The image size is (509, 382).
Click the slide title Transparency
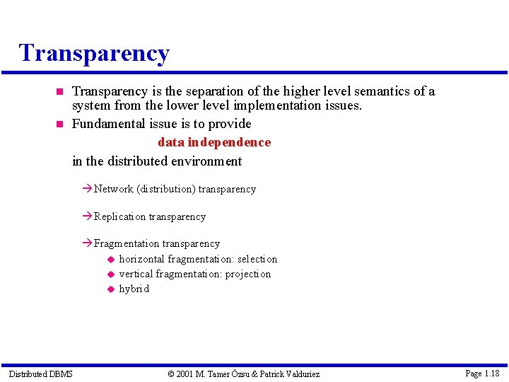[94, 53]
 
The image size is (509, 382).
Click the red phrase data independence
[214, 142]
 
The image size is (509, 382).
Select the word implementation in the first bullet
[276, 106]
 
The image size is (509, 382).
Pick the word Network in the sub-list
[113, 189]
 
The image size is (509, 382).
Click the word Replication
[119, 216]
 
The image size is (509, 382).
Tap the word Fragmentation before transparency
[127, 243]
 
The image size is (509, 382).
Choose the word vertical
[136, 274]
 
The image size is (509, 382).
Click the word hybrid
[134, 289]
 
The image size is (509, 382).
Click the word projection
[248, 274]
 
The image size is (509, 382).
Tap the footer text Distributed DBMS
[40, 374]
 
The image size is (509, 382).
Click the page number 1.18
[491, 373]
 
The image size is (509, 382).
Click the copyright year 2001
[185, 374]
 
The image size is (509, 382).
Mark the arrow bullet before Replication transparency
[88, 216]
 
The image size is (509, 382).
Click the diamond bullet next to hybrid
[110, 289]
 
